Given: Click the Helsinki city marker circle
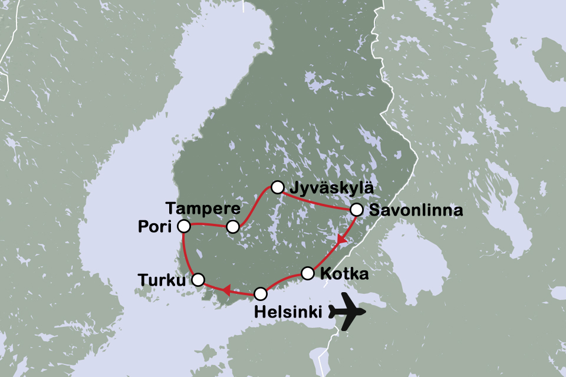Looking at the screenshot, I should pos(261,293).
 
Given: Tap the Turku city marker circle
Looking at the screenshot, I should pos(198,279).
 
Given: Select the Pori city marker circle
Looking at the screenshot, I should pos(184,226).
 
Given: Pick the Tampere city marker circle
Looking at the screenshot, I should pos(233,227).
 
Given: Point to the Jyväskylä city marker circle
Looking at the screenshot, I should pos(277,187).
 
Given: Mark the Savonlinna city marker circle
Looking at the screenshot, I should pos(356,210).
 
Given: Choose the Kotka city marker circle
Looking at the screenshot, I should pos(308,273).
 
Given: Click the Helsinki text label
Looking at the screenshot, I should pos(287,312).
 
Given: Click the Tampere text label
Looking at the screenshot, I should pos(202,208).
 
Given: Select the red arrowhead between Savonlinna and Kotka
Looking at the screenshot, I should pos(341,240).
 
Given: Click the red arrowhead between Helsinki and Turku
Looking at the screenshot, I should pos(225,289).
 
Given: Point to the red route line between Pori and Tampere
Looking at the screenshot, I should pos(208,224).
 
